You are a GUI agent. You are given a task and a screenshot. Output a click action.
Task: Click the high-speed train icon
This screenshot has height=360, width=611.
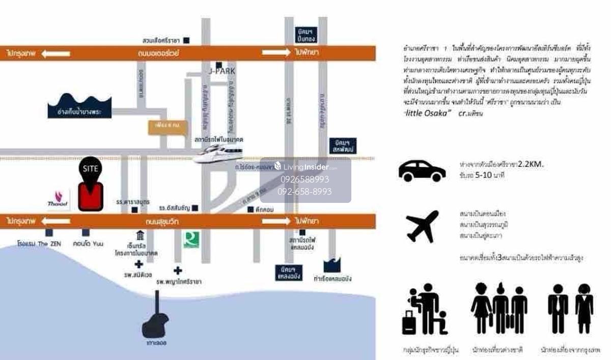218,154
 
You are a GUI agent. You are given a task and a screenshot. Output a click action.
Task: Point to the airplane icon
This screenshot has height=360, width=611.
422,226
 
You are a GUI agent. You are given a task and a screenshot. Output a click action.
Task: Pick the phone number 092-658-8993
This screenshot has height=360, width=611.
304,192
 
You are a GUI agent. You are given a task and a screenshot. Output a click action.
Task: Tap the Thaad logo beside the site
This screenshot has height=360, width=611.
58,199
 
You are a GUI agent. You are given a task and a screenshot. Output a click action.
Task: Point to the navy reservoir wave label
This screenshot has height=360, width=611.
79,106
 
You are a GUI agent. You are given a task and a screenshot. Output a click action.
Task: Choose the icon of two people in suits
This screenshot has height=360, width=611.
570,308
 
